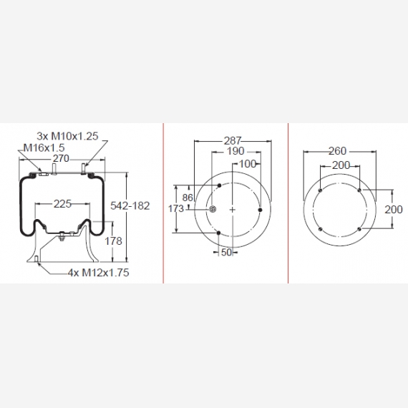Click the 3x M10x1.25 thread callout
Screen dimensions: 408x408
pyautogui.click(x=67, y=136)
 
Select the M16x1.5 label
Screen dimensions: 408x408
pyautogui.click(x=44, y=147)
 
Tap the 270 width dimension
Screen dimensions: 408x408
pyautogui.click(x=61, y=158)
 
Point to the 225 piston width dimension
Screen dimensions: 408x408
pyautogui.click(x=62, y=204)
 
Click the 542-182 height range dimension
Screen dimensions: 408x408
pyautogui.click(x=130, y=206)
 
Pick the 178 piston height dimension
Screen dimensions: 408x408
pyautogui.click(x=113, y=241)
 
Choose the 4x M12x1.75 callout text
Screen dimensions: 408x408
pyautogui.click(x=98, y=273)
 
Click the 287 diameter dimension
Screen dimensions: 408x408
pyautogui.click(x=233, y=141)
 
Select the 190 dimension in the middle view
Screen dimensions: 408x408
pyautogui.click(x=235, y=151)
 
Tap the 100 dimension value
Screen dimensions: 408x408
pyautogui.click(x=247, y=164)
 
